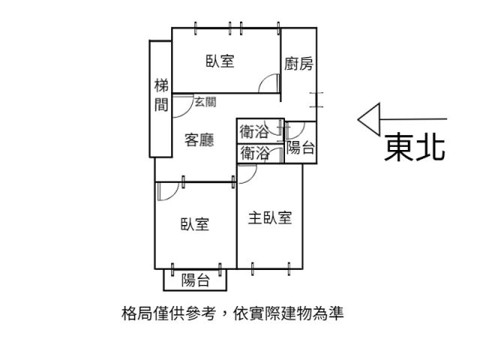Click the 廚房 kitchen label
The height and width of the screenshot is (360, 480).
(x=298, y=64)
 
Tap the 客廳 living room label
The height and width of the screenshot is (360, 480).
(x=199, y=140)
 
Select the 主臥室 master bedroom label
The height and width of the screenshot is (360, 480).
(x=270, y=217)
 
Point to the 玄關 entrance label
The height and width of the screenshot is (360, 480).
(x=205, y=102)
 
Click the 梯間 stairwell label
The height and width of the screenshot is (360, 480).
(x=161, y=95)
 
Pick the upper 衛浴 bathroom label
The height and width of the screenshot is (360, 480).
(x=254, y=132)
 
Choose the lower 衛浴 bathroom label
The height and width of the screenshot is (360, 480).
(x=255, y=153)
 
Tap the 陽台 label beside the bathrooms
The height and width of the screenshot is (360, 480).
(x=300, y=148)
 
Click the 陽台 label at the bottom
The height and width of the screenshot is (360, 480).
(x=195, y=280)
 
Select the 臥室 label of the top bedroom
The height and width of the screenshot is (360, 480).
(x=220, y=61)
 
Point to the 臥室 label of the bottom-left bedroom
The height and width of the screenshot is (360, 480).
(x=195, y=224)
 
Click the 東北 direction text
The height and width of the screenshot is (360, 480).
(x=415, y=146)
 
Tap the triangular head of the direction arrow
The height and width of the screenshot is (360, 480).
(x=369, y=119)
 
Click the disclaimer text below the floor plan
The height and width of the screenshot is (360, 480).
(x=232, y=313)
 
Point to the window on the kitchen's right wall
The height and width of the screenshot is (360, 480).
(x=316, y=100)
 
